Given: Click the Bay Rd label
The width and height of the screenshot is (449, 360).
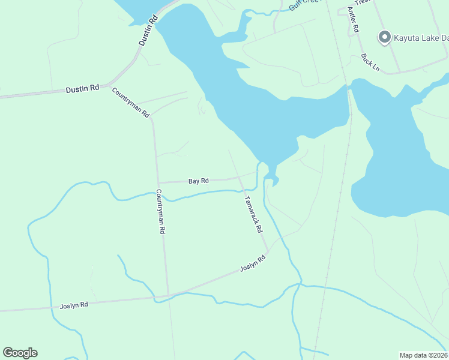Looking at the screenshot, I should click(198, 181).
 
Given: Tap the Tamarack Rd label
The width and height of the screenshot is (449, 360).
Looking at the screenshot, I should click(253, 214).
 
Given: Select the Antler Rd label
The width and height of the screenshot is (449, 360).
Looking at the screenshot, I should click(354, 21).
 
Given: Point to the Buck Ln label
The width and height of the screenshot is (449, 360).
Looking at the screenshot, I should click(370, 62).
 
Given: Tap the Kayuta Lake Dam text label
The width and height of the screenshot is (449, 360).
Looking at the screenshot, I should click(421, 38).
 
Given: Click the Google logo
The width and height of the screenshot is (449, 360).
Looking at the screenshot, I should click(20, 353).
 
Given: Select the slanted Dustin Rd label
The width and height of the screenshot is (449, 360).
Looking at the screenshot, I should click(148, 31).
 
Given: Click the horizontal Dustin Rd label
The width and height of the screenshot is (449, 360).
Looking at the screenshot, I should click(82, 89).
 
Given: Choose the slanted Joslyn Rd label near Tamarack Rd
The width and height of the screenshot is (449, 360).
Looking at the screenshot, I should click(253, 264).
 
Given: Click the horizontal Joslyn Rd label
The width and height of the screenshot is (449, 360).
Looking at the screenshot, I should click(74, 305).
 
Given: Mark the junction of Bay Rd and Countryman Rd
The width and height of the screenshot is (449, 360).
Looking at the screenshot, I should click(157, 182).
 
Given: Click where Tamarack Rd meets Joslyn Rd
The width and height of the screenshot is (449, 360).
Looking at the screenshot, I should click(268, 253).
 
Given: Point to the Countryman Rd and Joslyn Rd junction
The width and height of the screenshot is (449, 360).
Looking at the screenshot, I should click(168, 295).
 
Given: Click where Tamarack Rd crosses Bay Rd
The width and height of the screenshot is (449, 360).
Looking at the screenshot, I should click(239, 178).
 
